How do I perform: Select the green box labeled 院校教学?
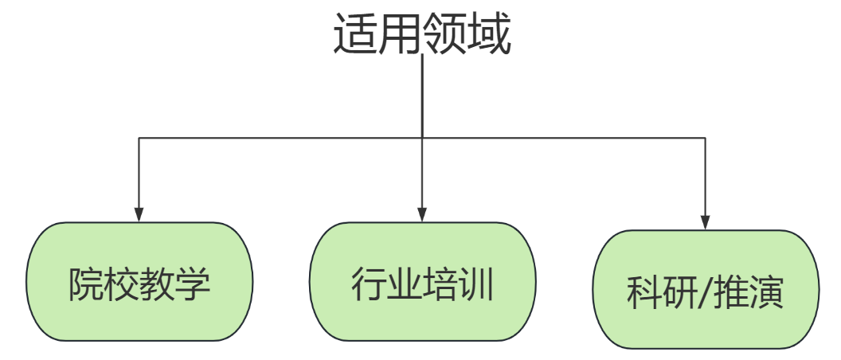(x=139, y=282)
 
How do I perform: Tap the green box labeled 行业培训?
(x=422, y=282)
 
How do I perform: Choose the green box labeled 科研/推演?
(x=706, y=290)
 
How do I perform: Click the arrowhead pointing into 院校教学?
(x=139, y=213)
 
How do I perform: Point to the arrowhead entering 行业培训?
(x=422, y=213)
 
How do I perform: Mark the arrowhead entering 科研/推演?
(x=706, y=221)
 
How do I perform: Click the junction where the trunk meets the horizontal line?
(x=422, y=138)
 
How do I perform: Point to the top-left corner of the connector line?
(x=139, y=138)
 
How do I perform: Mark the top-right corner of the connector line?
(x=706, y=138)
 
